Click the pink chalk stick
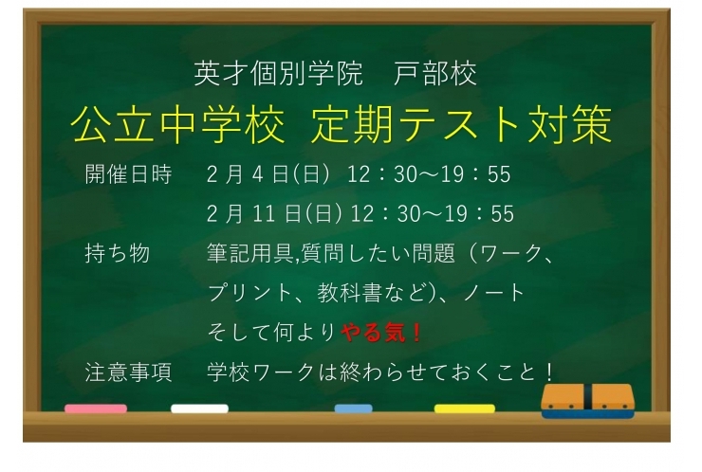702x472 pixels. point(95,408)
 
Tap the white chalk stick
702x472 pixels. point(199,408)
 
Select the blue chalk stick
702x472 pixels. point(353,408)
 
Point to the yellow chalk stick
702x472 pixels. point(464,408)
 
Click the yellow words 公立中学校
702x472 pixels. point(177,124)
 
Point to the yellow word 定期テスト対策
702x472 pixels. point(461,124)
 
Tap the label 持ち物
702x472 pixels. point(118,253)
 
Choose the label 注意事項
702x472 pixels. point(128,372)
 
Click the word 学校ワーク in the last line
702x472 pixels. point(259,372)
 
